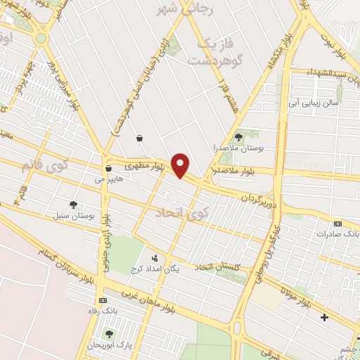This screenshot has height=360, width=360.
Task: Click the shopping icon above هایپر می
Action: [108, 168]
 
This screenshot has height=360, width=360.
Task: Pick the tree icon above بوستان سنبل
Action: [73, 205]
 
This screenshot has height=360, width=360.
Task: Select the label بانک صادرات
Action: [337, 232]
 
